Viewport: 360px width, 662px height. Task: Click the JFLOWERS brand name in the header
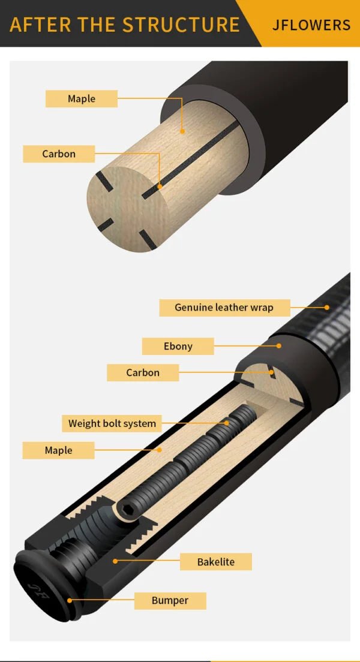[311, 25]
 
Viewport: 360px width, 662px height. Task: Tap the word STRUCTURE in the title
[181, 25]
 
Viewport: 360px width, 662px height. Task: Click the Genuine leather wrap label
[224, 308]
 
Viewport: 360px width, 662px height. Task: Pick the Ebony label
[178, 346]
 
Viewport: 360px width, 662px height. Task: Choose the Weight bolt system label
[112, 423]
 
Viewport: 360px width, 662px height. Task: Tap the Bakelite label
[215, 562]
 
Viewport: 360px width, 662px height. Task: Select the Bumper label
[170, 600]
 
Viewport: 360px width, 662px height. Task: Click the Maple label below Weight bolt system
[58, 450]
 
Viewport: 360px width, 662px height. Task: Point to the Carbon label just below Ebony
[143, 372]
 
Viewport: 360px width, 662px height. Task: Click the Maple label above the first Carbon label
[81, 99]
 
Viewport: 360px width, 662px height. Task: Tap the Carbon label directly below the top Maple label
[59, 154]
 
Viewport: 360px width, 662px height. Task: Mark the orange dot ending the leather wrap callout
[327, 308]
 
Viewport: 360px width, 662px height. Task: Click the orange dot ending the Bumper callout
[70, 600]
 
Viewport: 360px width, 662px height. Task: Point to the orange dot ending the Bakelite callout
[115, 561]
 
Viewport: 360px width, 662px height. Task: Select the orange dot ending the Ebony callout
[280, 346]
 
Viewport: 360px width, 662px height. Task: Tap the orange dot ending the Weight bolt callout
[227, 423]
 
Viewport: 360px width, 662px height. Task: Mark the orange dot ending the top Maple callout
[183, 130]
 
